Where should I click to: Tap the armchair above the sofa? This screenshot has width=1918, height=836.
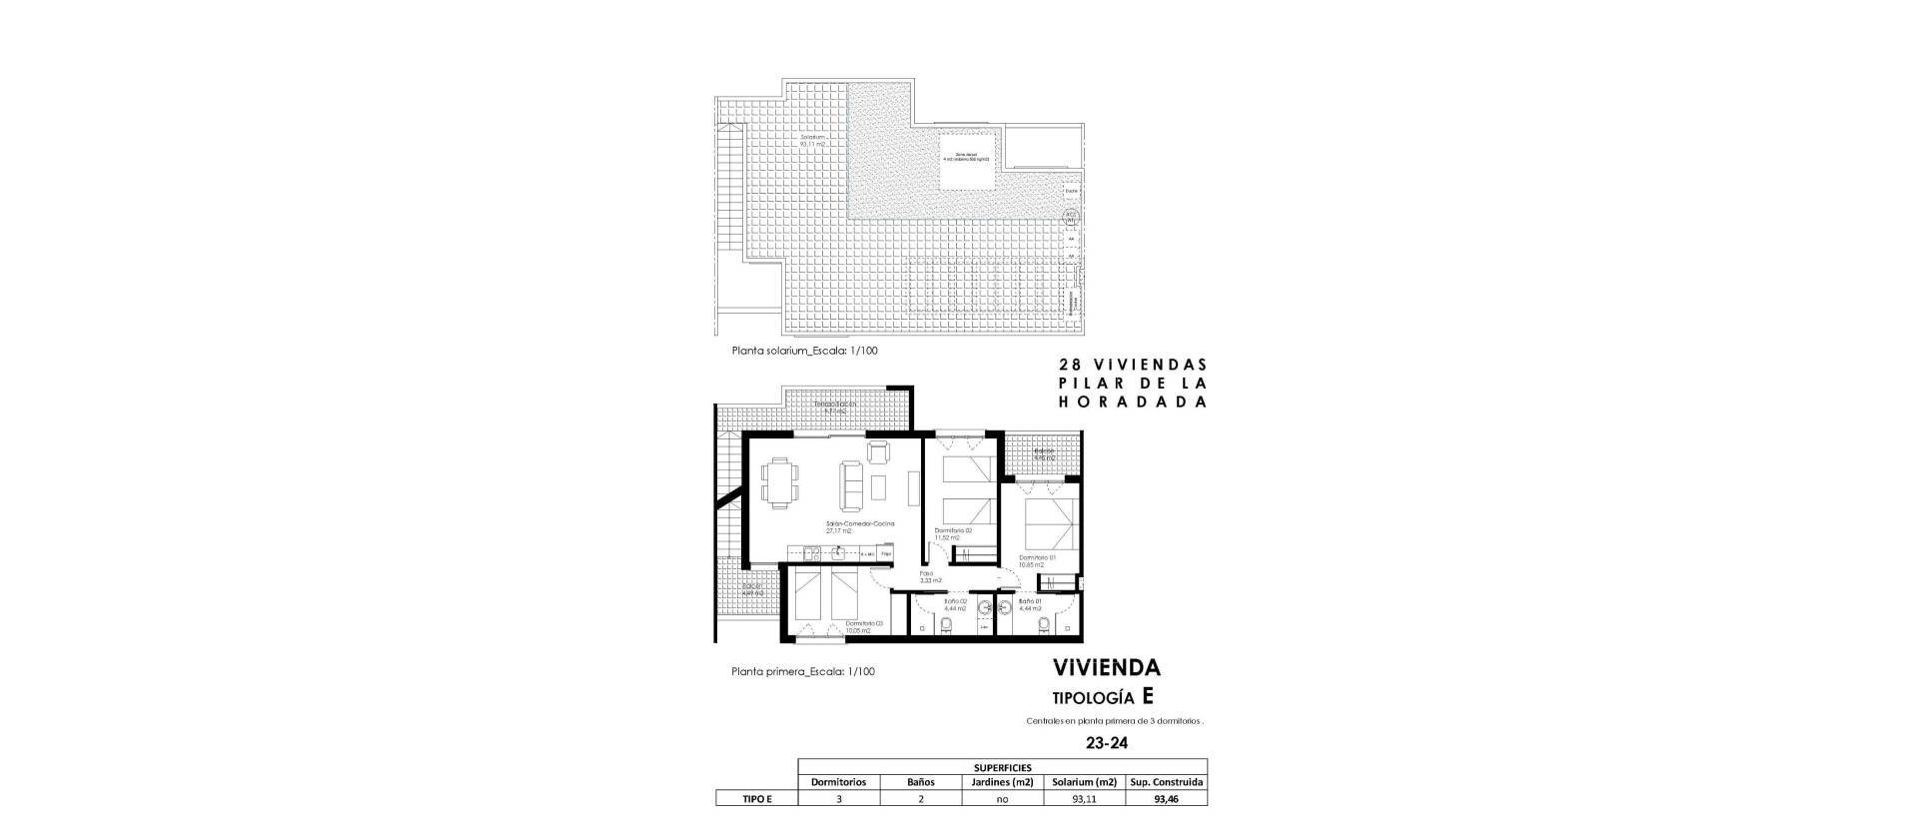(x=878, y=452)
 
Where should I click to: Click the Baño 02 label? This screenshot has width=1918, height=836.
(x=956, y=602)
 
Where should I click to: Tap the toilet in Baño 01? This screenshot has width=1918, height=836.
(x=1044, y=625)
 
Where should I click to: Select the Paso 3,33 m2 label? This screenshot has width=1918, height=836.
(x=929, y=576)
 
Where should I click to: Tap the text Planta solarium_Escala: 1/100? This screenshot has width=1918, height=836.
(x=805, y=352)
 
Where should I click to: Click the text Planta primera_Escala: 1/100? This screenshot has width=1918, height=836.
(x=803, y=672)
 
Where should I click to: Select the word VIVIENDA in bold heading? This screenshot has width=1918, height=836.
(x=1106, y=668)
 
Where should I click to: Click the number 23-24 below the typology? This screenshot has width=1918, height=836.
(x=1107, y=743)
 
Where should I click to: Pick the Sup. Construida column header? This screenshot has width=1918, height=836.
(x=1166, y=782)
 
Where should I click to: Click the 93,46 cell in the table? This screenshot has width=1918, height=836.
(x=1166, y=798)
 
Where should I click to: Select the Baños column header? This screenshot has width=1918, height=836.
(x=920, y=782)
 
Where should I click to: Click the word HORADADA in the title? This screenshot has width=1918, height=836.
(x=1133, y=402)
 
